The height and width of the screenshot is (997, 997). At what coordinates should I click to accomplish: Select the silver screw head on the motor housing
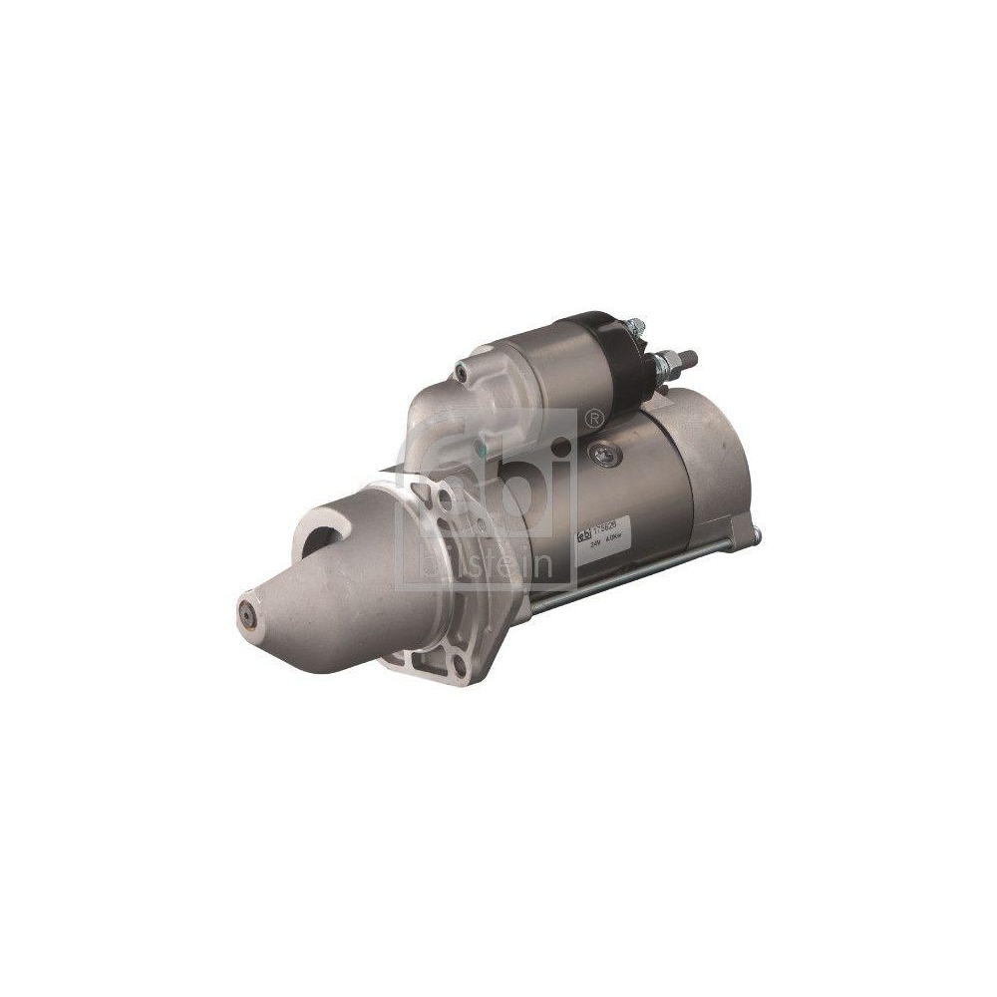point(601,454)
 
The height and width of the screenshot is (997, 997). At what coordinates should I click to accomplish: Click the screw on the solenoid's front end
point(463,372)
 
